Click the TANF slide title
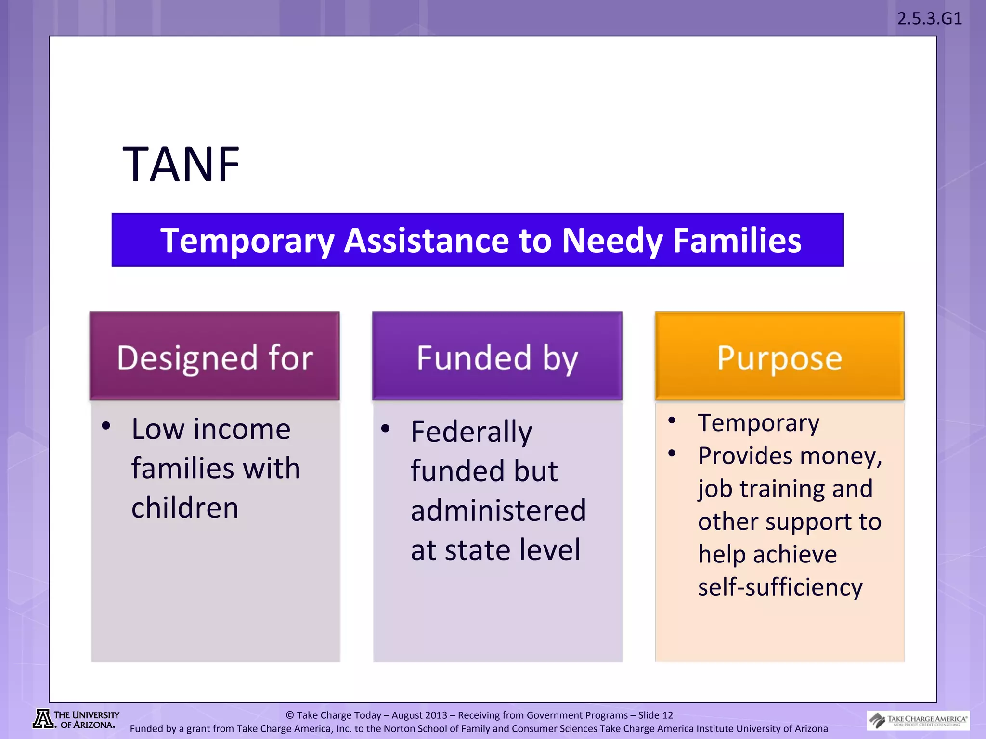(x=181, y=165)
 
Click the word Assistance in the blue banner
(x=426, y=240)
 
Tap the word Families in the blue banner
(x=737, y=240)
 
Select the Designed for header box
(x=215, y=357)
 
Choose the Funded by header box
(x=497, y=357)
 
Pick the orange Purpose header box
(x=779, y=357)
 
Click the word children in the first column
(x=185, y=508)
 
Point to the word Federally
(x=471, y=432)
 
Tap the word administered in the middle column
(x=498, y=510)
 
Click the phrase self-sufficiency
(x=780, y=587)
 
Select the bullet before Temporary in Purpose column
(x=672, y=421)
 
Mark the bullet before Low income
(x=106, y=426)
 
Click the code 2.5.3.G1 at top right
(x=929, y=19)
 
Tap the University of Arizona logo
(x=76, y=719)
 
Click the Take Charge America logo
(x=918, y=720)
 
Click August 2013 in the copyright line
(x=419, y=715)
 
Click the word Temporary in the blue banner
(x=247, y=240)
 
